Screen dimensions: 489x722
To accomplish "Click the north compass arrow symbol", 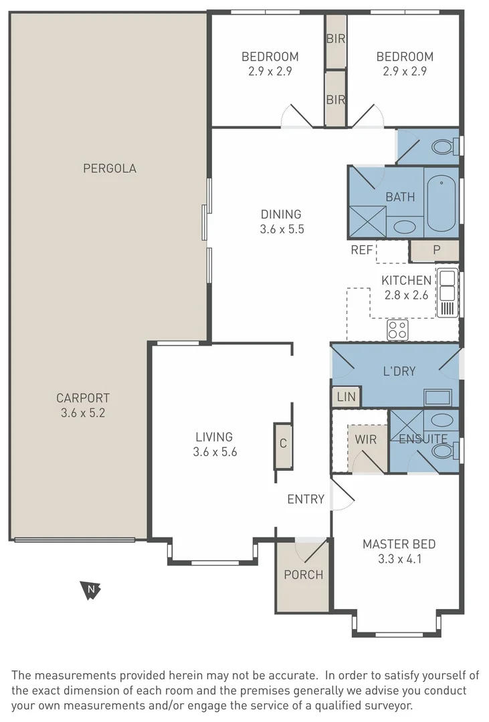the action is point(90,590).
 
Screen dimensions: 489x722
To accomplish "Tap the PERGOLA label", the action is point(110,168).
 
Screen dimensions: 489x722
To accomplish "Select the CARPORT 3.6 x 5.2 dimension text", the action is point(83,413).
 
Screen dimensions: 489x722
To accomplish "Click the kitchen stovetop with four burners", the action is point(397,330).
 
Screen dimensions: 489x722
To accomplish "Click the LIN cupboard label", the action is point(346,396).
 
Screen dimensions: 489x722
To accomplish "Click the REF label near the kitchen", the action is point(362,250).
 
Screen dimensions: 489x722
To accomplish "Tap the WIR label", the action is point(365,439).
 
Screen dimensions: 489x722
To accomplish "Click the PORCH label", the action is point(303,575).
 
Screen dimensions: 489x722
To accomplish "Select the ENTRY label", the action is point(306,499).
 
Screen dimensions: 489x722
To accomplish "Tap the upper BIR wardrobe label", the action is point(336,39).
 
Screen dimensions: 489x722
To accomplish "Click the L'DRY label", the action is point(399,371).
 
